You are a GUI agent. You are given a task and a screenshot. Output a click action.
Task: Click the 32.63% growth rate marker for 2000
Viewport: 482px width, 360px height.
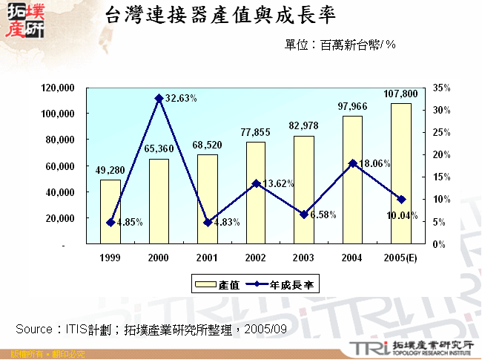[x=159, y=98]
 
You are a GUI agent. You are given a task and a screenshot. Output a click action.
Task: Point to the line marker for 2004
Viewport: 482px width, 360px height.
[x=352, y=163]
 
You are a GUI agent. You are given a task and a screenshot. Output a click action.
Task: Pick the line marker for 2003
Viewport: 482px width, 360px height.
[x=304, y=215]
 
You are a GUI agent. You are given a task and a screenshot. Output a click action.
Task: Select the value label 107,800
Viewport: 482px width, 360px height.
[x=401, y=94]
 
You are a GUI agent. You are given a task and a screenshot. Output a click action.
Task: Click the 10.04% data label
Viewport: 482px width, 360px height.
[x=403, y=215]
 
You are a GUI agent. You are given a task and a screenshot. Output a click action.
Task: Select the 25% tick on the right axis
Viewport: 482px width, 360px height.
[x=441, y=132]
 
